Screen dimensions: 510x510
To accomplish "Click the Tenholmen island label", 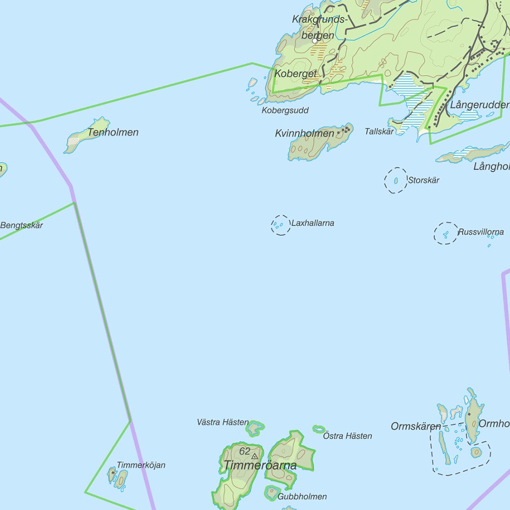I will point(113,132).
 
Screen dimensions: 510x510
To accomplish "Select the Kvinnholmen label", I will point(304,133).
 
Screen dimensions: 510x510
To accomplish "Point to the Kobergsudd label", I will point(285,111).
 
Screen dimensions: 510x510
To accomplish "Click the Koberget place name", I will point(295,74).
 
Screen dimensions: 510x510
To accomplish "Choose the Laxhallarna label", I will point(313,223).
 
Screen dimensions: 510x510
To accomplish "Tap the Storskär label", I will point(424,180).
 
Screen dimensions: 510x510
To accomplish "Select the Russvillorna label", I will point(481,232).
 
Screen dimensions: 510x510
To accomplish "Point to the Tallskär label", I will point(380,131).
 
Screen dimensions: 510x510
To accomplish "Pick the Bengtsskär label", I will point(21,226).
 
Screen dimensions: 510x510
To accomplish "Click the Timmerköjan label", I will point(141,465).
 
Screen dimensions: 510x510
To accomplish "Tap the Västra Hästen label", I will point(223,422).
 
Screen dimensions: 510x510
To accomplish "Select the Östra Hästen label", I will point(348,436).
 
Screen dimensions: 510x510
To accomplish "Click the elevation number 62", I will point(245,451).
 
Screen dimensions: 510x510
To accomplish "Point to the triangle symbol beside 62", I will point(255,456).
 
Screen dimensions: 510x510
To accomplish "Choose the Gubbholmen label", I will point(303,497).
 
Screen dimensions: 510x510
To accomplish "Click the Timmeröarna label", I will point(260,466).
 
